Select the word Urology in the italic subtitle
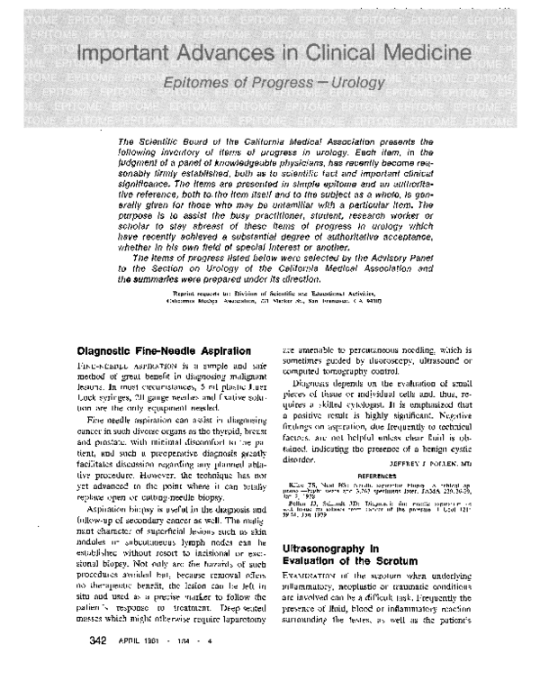353,85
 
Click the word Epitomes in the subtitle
198,85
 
